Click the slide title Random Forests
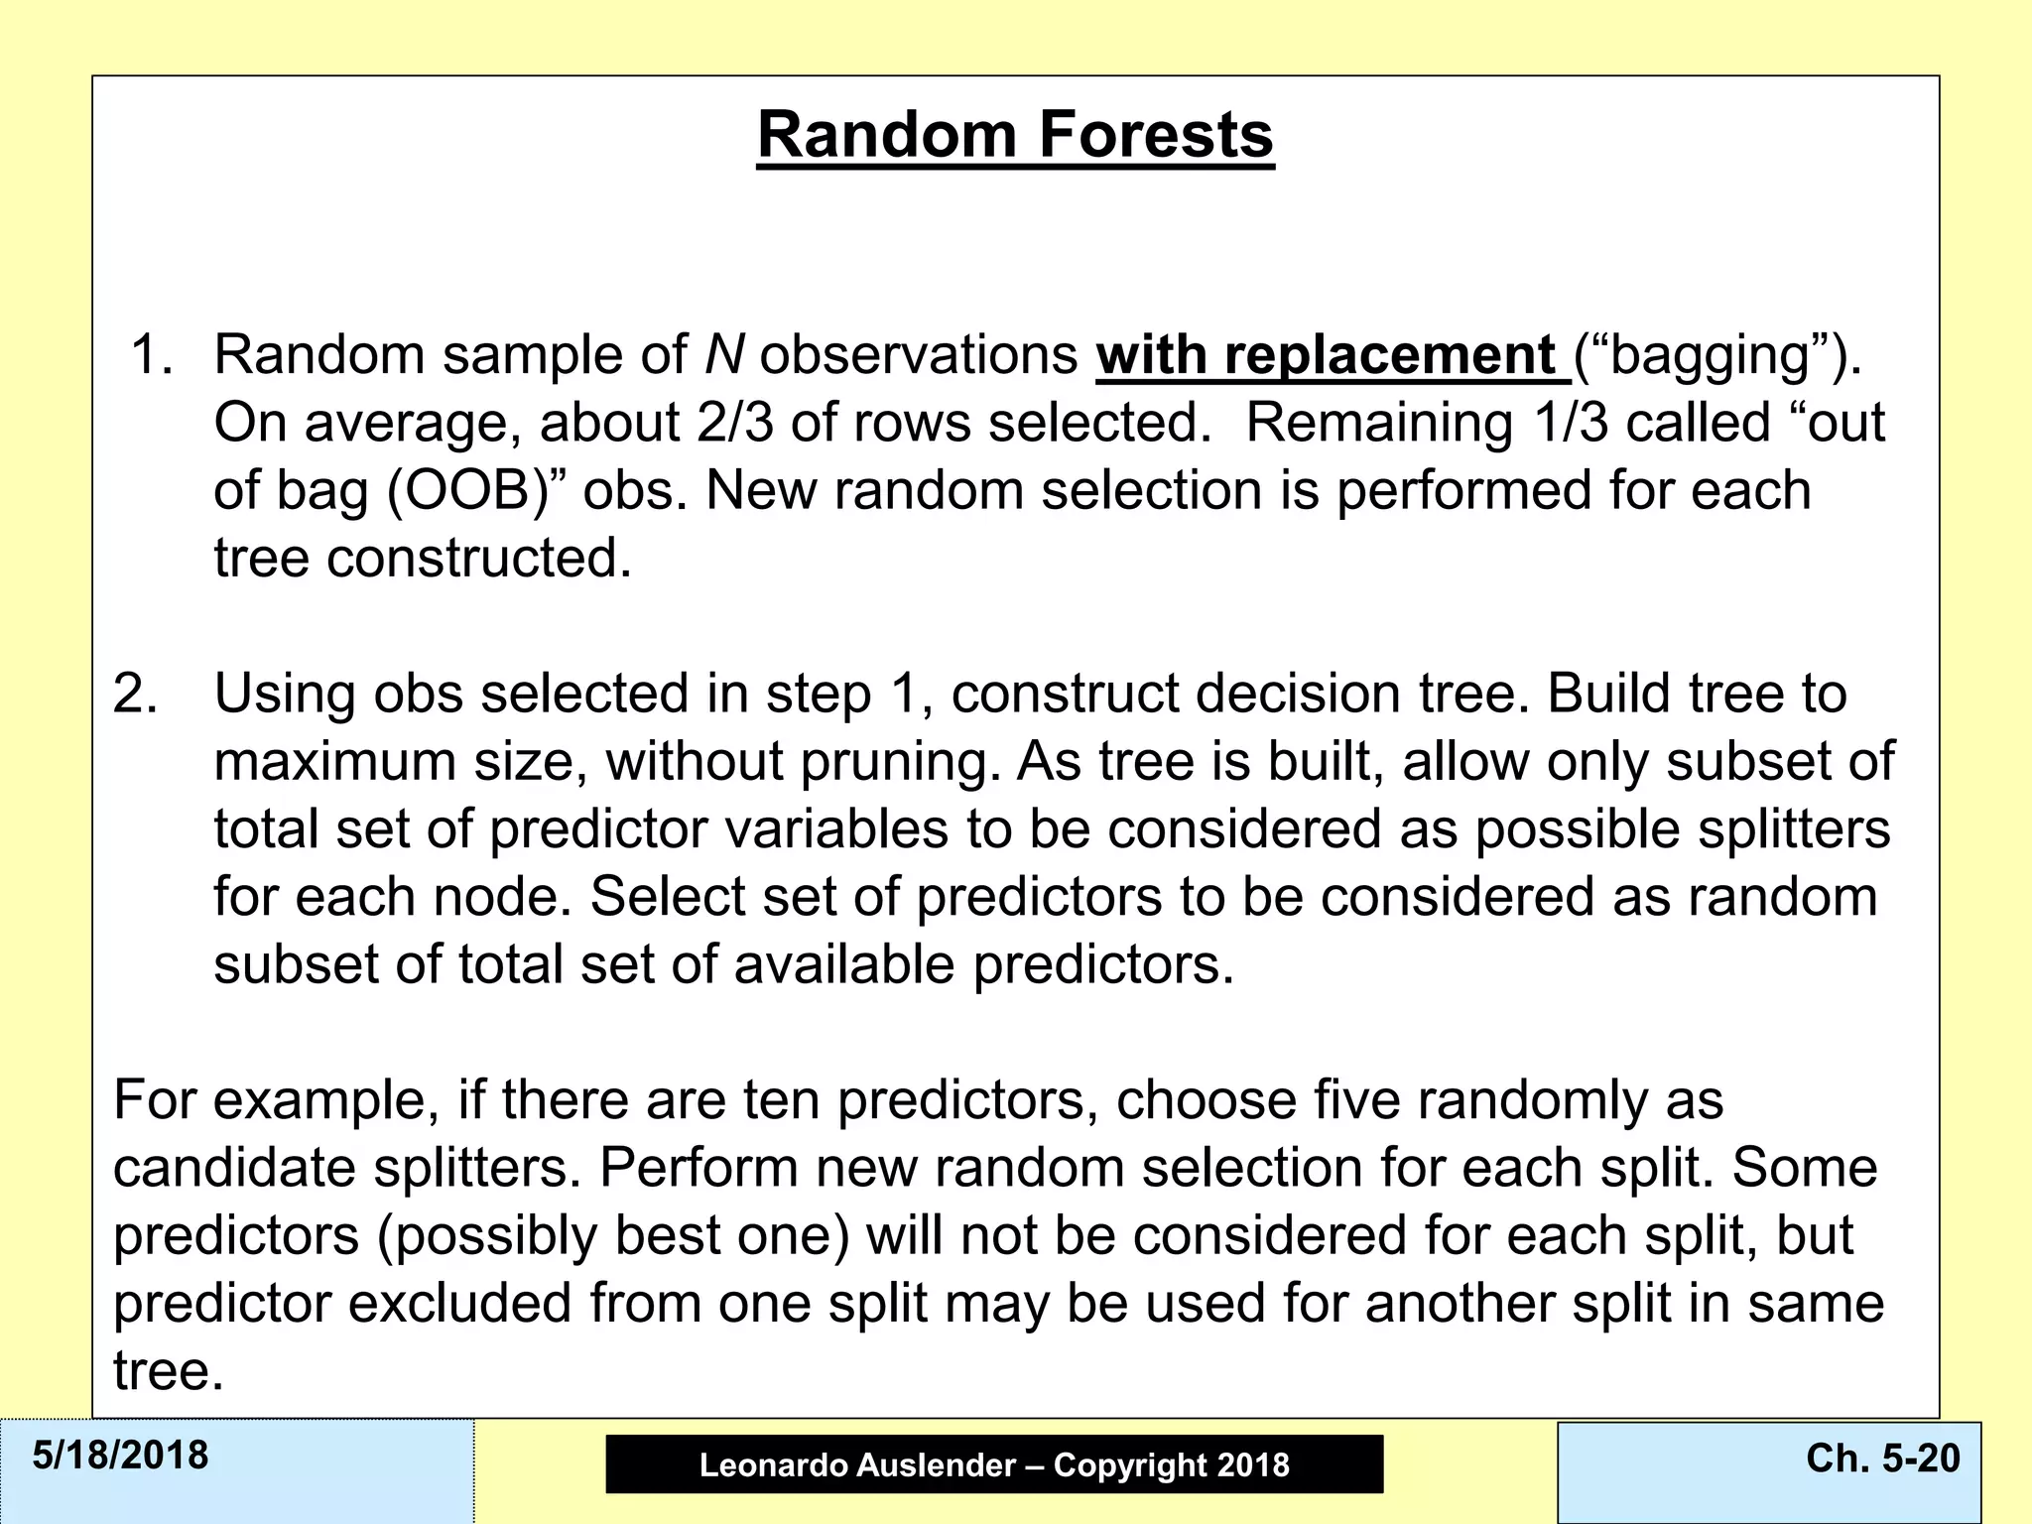1015,135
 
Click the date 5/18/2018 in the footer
120,1456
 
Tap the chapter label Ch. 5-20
1882,1458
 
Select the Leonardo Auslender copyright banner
994,1464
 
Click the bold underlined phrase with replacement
1327,355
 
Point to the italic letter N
724,355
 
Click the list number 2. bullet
135,694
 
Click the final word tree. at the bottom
168,1371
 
